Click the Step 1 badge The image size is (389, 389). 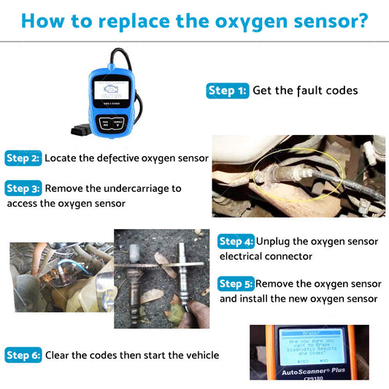point(228,90)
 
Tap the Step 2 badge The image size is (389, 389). point(23,158)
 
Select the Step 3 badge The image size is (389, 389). point(23,188)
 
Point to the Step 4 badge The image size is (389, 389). point(236,242)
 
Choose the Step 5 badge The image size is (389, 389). point(236,284)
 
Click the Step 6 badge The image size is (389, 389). point(23,355)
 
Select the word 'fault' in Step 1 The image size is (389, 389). point(309,90)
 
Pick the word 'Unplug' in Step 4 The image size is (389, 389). point(274,242)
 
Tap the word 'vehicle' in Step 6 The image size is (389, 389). point(199,355)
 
